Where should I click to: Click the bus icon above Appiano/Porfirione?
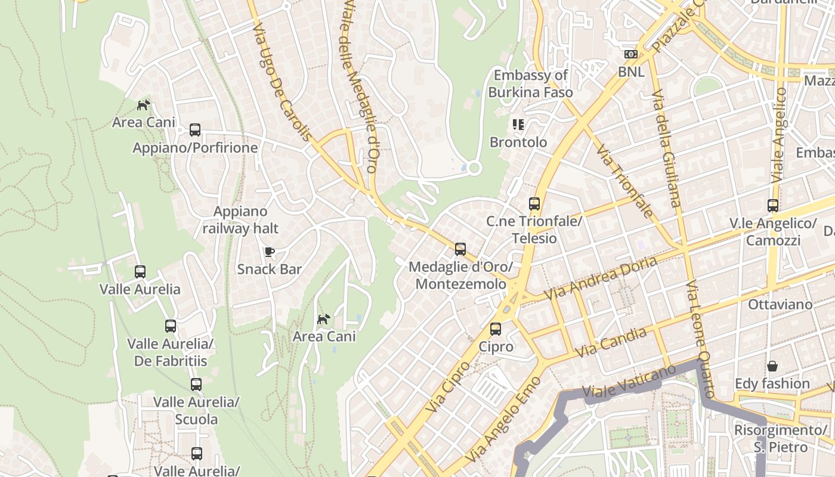pos(195,130)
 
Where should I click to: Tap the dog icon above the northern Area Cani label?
pos(143,106)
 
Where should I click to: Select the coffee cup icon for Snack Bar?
pos(270,252)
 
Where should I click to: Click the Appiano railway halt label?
pos(240,219)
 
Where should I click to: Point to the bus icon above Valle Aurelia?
pos(140,272)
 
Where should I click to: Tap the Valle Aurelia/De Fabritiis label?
pos(170,352)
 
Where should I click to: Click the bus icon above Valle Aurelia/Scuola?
pos(196,385)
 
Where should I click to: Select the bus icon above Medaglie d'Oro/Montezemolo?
pos(460,249)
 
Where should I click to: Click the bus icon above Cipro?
pos(496,329)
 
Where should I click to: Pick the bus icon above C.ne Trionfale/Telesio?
pos(534,204)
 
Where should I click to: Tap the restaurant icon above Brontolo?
pos(518,125)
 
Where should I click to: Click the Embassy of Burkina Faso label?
pos(530,83)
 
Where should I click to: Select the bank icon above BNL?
pos(631,54)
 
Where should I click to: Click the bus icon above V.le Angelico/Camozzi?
pos(773,206)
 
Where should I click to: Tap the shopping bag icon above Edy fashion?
pos(772,366)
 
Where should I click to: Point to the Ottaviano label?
pos(780,305)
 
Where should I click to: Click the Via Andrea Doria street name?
pos(601,278)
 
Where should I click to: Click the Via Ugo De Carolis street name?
pos(281,82)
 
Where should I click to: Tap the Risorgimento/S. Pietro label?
pos(780,438)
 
